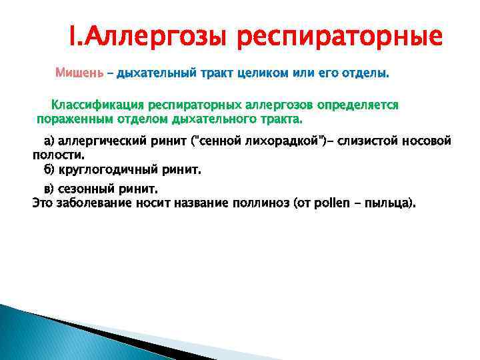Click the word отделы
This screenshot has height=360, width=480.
[x=367, y=72]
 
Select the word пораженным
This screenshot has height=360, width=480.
[x=69, y=119]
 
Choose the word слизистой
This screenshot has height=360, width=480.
[x=371, y=141]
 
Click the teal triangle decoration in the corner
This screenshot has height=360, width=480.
[x=40, y=333]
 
